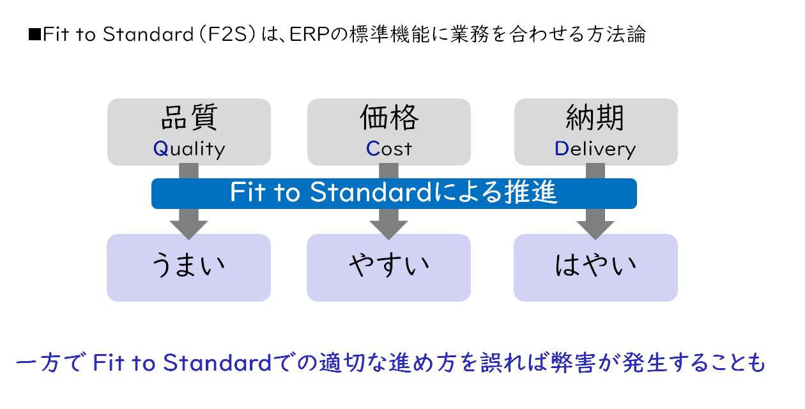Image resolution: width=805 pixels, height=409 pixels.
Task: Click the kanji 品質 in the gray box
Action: coord(188,118)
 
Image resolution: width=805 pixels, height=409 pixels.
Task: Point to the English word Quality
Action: coord(189,149)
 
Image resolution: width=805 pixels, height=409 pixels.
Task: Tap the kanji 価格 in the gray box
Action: coord(389,118)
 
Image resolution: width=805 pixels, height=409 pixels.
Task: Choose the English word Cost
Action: coord(389,149)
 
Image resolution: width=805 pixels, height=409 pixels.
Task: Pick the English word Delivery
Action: coord(595,149)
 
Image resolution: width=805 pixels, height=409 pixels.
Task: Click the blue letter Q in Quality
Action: coord(160,149)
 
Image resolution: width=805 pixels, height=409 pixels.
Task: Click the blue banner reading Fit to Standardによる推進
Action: coord(394,193)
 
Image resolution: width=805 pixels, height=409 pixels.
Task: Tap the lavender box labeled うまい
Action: coord(188,267)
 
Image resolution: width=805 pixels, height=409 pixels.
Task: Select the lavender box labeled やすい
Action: coord(388,267)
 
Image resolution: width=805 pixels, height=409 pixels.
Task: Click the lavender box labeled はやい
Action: coord(595,267)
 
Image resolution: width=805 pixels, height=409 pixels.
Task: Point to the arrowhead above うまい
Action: coord(188,228)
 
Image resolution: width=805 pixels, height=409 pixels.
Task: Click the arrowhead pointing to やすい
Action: coord(388,228)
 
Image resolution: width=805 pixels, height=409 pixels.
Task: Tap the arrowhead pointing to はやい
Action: coord(595,228)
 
